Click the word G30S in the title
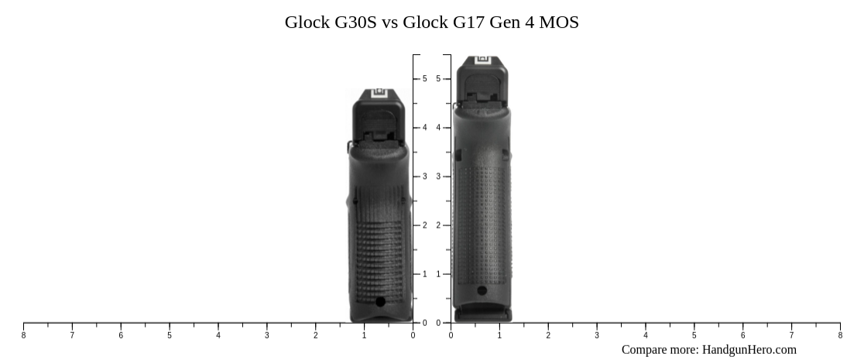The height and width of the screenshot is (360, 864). point(355,22)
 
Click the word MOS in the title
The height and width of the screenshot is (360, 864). point(558,22)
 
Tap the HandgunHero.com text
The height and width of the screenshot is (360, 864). point(749,350)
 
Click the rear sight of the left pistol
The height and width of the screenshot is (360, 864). point(379,94)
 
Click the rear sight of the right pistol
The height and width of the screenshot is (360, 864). point(483,60)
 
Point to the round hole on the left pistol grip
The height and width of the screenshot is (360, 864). point(380,301)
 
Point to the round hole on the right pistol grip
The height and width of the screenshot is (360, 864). point(482,291)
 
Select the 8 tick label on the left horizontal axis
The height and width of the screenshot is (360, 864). point(23,335)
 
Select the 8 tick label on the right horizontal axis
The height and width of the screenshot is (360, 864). point(840,335)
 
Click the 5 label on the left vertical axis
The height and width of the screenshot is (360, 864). point(424,79)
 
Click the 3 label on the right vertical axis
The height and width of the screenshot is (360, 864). point(438,177)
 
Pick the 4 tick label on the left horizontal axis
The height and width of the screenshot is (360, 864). point(218,335)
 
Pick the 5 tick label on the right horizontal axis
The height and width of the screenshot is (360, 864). point(694,335)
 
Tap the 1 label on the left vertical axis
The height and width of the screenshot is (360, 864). point(424,274)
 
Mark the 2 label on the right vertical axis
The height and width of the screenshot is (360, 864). point(438,225)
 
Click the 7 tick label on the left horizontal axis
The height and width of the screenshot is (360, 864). point(72,335)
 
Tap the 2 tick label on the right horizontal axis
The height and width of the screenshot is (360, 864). point(548,335)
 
